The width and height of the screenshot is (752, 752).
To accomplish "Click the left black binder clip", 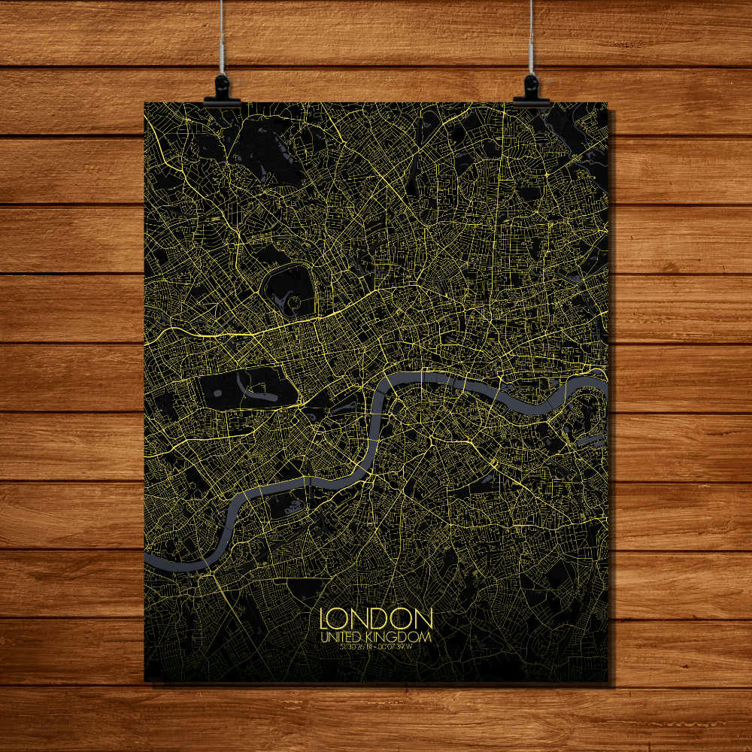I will click(222, 89).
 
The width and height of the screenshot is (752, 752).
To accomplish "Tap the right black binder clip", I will click(531, 89).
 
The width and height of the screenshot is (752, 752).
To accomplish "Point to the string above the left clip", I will click(222, 38).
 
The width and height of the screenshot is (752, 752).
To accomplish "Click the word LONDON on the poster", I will click(376, 619).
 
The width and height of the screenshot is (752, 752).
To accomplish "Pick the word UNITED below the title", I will click(343, 637).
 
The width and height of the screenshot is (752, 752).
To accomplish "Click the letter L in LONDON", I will click(325, 619).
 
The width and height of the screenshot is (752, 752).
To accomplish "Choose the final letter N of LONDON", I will click(424, 619).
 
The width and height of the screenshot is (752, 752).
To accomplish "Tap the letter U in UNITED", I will click(324, 637).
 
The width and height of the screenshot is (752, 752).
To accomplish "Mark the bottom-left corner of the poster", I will click(145, 681).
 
